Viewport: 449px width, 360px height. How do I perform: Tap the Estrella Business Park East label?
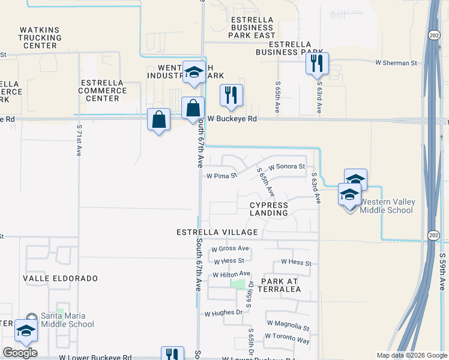click(252, 28)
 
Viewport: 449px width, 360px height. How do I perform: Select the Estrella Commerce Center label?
click(102, 91)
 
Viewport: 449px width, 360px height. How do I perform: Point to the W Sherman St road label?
click(396, 62)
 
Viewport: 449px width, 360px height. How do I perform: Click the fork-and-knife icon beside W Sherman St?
click(317, 64)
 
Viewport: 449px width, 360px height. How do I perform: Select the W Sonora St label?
click(287, 166)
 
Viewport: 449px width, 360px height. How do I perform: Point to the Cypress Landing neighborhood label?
click(269, 209)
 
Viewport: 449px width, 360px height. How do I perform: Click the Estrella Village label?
click(217, 232)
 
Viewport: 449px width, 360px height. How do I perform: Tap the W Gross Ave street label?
click(231, 248)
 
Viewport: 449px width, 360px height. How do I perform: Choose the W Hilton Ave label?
click(232, 274)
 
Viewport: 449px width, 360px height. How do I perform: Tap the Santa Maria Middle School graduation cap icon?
click(26, 330)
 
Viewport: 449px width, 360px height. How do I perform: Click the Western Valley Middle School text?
click(387, 206)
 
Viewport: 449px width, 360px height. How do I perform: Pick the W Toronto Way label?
click(287, 338)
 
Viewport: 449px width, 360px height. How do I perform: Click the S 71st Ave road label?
click(79, 141)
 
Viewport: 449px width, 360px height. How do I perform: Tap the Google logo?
click(20, 353)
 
